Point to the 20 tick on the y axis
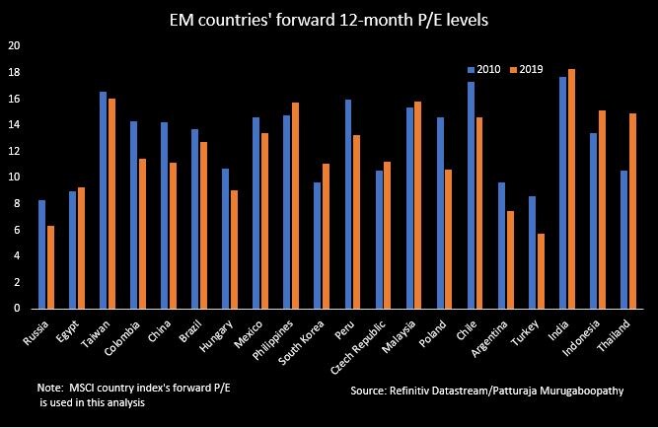pos(14,46)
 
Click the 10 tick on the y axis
pos(14,178)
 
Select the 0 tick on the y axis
pos(17,309)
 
